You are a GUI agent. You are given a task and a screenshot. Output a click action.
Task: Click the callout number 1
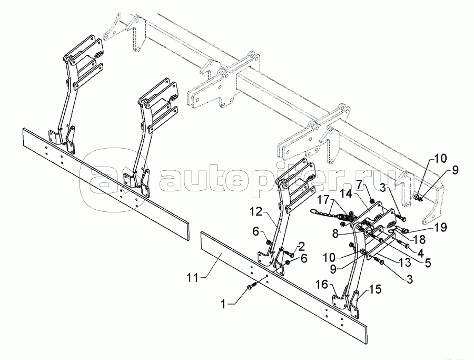[223, 304]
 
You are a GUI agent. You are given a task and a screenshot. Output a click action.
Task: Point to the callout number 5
[428, 262]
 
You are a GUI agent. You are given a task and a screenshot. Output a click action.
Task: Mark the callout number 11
[192, 277]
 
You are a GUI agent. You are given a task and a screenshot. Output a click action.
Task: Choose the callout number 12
[256, 212]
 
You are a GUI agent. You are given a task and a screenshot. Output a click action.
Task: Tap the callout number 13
[405, 262]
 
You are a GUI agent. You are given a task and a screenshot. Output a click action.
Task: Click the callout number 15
[375, 289]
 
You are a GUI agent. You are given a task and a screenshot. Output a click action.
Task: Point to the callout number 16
[322, 284]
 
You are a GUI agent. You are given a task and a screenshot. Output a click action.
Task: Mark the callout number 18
[419, 239]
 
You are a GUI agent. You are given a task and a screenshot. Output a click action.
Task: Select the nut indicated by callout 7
[372, 201]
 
